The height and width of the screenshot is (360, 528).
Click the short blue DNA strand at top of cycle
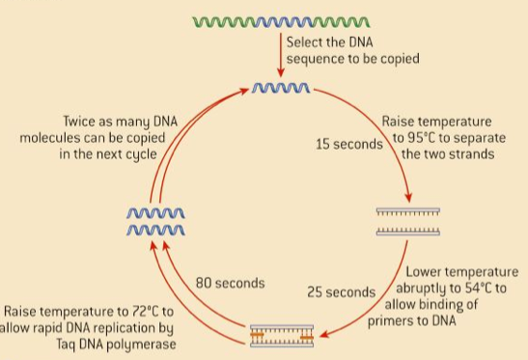click(280, 89)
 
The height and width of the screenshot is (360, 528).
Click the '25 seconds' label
click(341, 291)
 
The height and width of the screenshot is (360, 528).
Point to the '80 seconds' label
click(231, 284)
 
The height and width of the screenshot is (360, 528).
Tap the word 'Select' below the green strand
click(307, 42)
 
